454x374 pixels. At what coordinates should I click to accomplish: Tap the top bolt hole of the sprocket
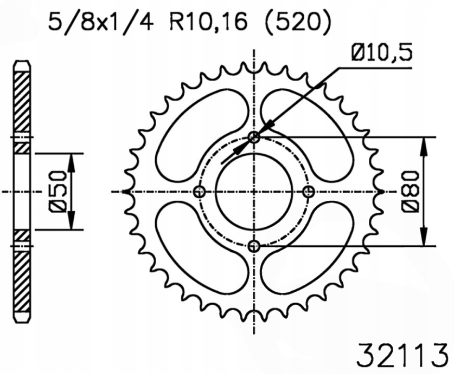pyautogui.click(x=254, y=137)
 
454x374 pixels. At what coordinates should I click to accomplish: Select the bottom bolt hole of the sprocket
pyautogui.click(x=254, y=246)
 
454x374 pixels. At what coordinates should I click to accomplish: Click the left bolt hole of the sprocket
pyautogui.click(x=199, y=191)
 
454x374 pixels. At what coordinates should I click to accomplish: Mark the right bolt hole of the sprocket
pyautogui.click(x=309, y=191)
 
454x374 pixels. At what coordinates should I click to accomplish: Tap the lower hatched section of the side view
pyautogui.click(x=22, y=281)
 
